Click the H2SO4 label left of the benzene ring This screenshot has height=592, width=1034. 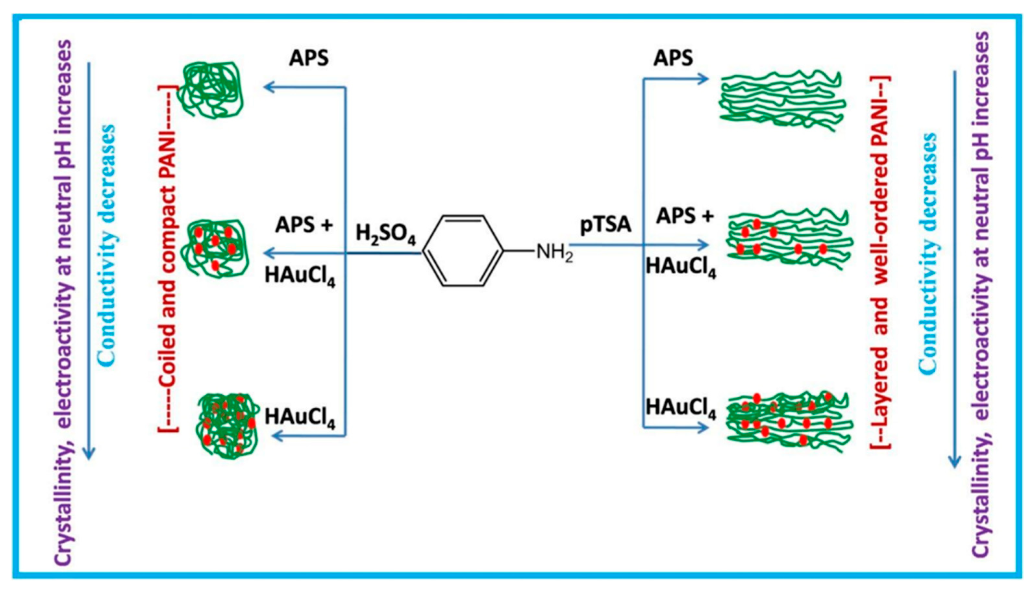point(385,235)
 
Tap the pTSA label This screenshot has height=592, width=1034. point(605,225)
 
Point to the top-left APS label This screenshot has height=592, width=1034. point(309,58)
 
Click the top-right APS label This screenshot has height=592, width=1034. point(673,58)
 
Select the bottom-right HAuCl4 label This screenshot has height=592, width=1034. point(681,408)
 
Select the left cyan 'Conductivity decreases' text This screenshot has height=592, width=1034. point(107,244)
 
